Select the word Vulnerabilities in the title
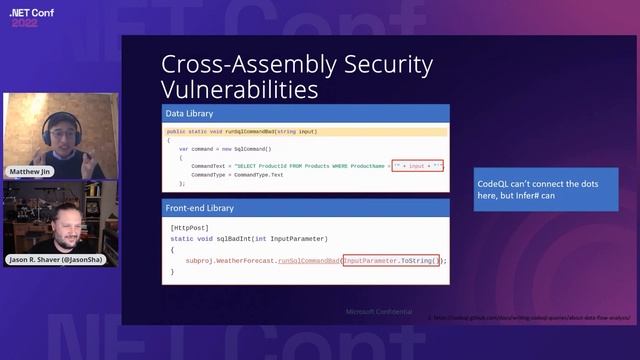(x=240, y=89)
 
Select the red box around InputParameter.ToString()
(x=391, y=260)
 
